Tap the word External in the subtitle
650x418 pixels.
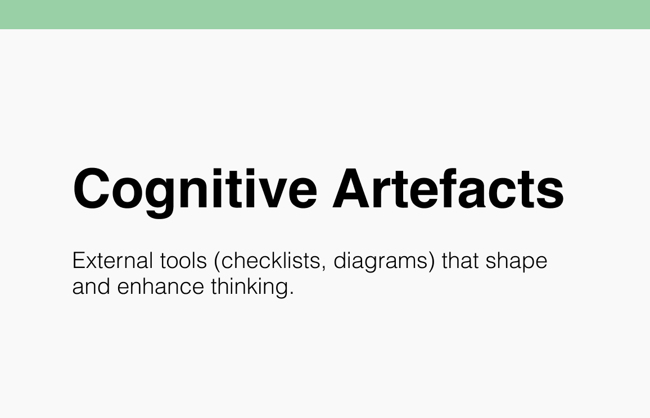click(112, 261)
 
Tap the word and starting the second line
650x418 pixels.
click(91, 287)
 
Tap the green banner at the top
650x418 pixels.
click(325, 14)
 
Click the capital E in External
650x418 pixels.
click(79, 261)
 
